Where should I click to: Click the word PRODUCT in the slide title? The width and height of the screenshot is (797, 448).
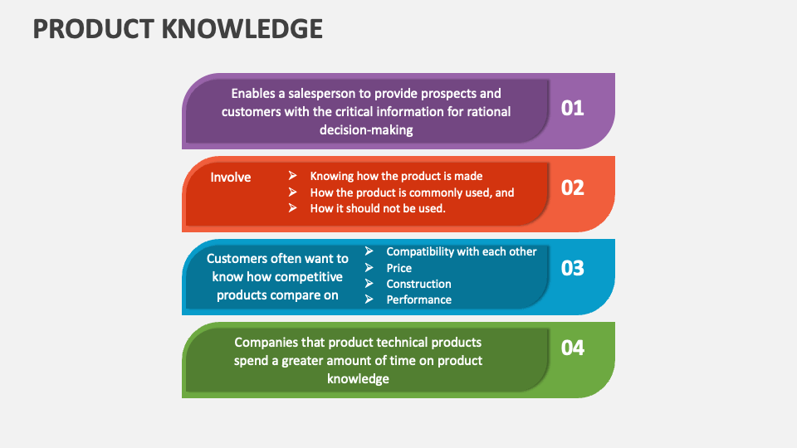[x=94, y=29]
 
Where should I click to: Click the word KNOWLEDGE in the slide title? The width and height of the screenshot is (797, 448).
[x=242, y=29]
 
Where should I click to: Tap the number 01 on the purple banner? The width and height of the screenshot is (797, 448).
[x=572, y=108]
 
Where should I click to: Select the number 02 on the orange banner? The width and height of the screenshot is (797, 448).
[x=572, y=188]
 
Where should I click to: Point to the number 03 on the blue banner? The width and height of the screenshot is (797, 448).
[x=572, y=268]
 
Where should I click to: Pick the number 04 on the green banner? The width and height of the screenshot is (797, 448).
[x=572, y=348]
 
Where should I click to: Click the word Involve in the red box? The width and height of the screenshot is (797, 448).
[x=231, y=178]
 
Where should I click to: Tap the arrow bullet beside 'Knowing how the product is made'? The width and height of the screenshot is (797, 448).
[x=293, y=176]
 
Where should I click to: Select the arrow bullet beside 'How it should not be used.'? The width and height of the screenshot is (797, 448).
[x=293, y=207]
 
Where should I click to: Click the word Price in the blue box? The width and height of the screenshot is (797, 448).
[x=399, y=268]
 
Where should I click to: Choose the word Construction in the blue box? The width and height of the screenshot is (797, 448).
[x=418, y=284]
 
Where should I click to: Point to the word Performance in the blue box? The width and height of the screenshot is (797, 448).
[x=418, y=299]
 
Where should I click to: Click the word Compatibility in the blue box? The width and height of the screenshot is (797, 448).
[x=420, y=252]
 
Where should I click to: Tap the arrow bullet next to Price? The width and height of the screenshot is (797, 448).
[x=369, y=267]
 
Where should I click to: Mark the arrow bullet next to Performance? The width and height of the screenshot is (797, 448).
[x=369, y=299]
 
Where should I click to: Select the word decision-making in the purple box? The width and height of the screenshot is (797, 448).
[x=366, y=130]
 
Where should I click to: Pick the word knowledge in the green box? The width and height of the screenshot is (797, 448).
[x=358, y=379]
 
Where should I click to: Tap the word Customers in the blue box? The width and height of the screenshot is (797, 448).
[x=235, y=259]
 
